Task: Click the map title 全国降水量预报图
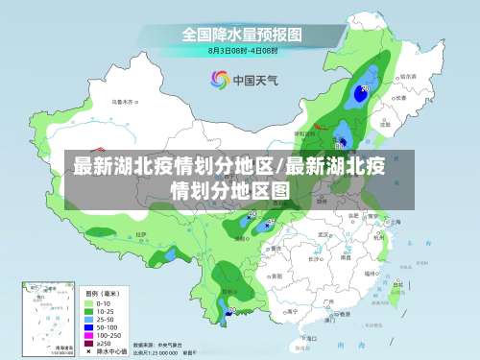242,34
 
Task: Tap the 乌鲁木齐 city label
122,99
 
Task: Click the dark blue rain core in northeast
364,91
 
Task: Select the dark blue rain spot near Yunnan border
228,309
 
